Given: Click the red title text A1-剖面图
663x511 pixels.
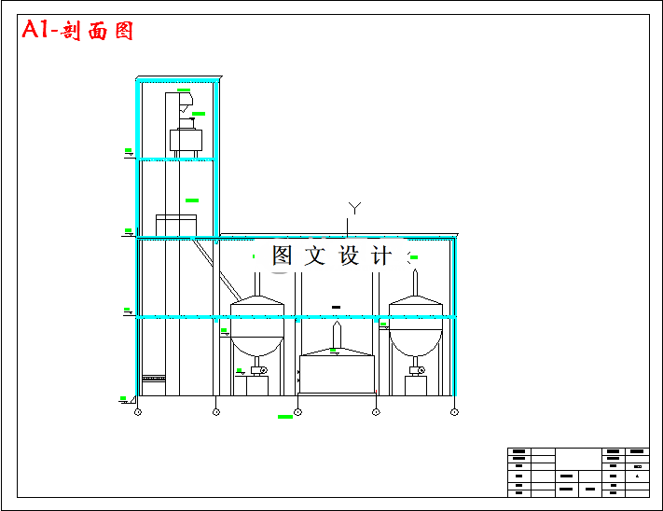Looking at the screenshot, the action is (78, 31).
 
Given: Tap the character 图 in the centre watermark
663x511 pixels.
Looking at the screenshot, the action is (282, 255).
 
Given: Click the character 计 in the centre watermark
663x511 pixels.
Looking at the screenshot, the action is (381, 255).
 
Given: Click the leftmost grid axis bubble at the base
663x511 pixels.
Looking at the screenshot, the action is (138, 411).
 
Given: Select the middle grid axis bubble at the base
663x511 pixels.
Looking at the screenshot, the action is (297, 411).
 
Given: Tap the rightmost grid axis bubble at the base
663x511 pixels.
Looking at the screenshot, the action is (454, 411).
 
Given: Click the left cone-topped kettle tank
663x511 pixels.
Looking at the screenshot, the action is (256, 326).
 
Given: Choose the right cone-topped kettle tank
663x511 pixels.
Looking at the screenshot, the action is (416, 326).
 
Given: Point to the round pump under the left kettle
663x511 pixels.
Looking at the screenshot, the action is (263, 371).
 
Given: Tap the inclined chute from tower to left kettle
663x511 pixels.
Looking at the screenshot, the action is (214, 265).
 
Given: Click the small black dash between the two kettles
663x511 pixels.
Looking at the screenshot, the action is (336, 307).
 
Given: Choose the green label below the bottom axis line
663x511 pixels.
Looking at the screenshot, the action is (285, 417).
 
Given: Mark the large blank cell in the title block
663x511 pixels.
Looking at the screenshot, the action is (579, 459).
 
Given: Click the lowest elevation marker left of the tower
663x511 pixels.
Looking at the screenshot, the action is (124, 400).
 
